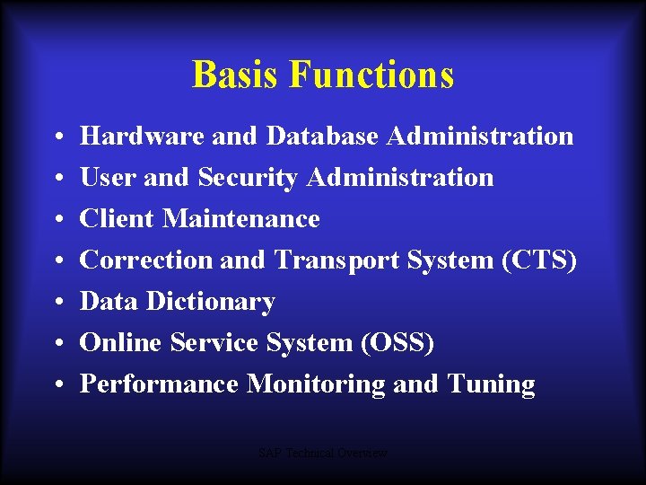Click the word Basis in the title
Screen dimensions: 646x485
(x=236, y=75)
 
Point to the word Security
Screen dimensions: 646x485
(x=248, y=178)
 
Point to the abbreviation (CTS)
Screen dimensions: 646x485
(x=539, y=260)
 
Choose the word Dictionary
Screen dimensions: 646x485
(x=211, y=302)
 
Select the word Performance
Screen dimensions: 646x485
(x=159, y=384)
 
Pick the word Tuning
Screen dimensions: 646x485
(x=491, y=384)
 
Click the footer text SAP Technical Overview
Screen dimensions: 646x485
(x=323, y=454)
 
